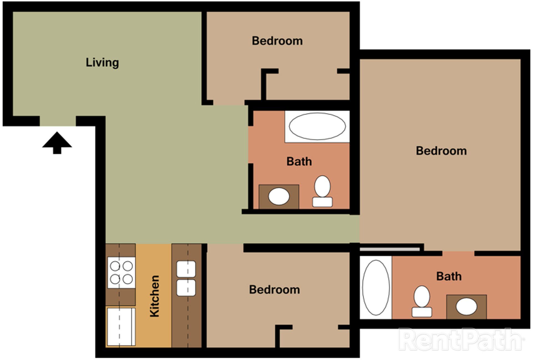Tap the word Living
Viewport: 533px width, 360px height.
tap(102, 62)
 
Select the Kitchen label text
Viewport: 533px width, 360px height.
tap(154, 296)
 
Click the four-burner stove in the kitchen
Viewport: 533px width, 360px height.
tap(121, 272)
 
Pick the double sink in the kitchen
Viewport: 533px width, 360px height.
tap(186, 278)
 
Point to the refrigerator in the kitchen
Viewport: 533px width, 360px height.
tap(121, 327)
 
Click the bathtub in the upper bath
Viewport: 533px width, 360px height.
tap(317, 126)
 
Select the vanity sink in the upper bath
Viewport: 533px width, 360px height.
tap(279, 196)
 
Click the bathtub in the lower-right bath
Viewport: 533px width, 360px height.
tap(376, 287)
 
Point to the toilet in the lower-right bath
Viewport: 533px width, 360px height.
tap(422, 302)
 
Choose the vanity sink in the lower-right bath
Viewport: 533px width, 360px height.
tap(466, 307)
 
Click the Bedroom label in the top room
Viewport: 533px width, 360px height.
tap(277, 41)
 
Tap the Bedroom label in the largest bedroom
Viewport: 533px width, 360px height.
tap(441, 151)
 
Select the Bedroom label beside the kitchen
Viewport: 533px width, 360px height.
tap(274, 290)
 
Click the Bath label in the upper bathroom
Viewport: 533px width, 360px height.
tap(299, 161)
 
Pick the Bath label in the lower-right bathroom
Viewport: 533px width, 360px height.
tap(449, 276)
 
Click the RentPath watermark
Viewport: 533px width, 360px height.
tap(461, 339)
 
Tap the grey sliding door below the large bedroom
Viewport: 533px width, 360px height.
tap(389, 249)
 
